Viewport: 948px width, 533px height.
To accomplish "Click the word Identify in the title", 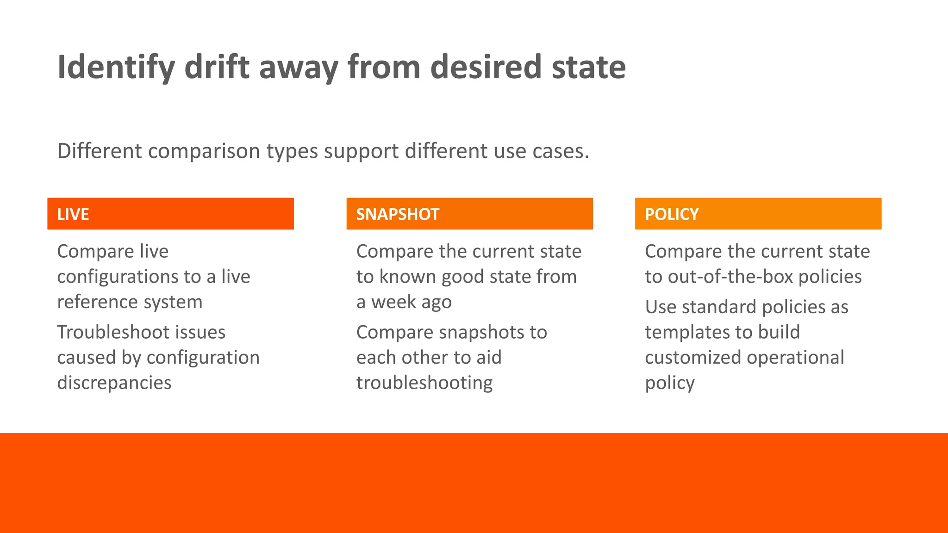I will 116,68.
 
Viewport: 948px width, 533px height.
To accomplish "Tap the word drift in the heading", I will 217,68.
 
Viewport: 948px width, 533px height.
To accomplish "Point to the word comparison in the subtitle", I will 204,151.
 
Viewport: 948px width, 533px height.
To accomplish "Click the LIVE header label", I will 73,214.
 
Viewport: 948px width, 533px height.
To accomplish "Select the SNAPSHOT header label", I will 398,214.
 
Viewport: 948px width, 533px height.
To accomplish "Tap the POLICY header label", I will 672,214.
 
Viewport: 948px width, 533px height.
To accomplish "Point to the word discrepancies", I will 114,383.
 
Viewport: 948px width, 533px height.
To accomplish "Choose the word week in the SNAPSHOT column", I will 393,302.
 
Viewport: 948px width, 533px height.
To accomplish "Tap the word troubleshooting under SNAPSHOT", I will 424,383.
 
